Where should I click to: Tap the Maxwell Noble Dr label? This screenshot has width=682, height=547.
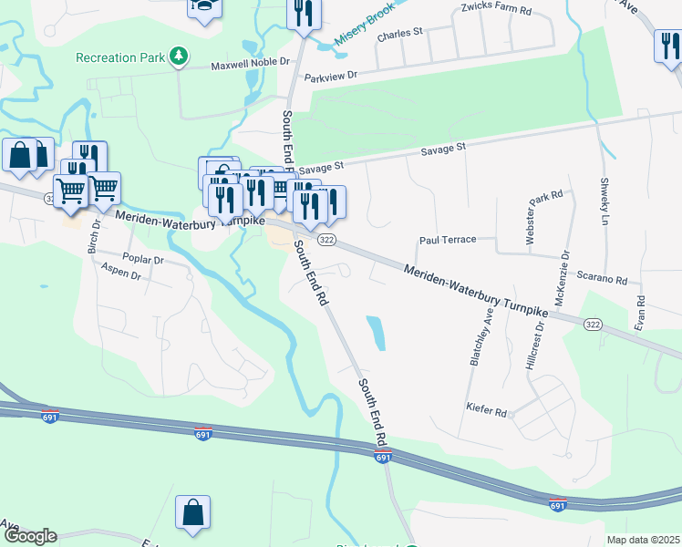[250, 66]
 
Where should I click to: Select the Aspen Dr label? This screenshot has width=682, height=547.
[120, 271]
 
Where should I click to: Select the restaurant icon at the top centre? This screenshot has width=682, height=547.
[303, 14]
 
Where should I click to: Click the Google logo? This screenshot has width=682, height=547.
[30, 536]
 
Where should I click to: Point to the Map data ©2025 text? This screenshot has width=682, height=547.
[643, 540]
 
